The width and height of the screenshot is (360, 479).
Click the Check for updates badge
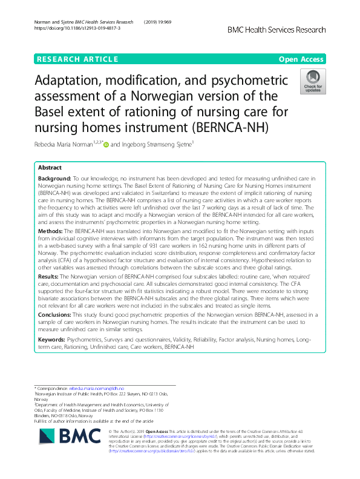pos(312,82)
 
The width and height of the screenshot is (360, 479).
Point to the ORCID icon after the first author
pos(106,144)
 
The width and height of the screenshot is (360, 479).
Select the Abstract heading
pos(50,168)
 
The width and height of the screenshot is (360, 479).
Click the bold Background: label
pos(55,180)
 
